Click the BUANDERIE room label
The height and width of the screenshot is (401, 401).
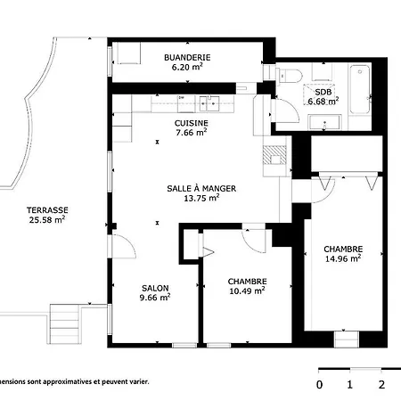(x=187, y=57)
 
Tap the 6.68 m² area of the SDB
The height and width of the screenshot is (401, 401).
(x=323, y=102)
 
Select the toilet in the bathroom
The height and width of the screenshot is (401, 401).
(x=290, y=76)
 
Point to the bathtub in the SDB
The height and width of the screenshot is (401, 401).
(x=360, y=89)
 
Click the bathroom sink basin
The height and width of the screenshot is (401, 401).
(x=324, y=122)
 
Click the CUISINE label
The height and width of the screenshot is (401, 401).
(x=191, y=123)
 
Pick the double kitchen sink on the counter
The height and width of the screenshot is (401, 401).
(x=209, y=103)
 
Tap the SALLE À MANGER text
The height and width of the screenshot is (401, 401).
(x=201, y=188)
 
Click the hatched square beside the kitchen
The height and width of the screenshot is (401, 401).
(x=274, y=155)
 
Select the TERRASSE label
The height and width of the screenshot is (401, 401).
(x=47, y=210)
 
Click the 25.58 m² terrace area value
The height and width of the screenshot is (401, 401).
(x=47, y=220)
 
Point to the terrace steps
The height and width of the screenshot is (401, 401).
(x=64, y=323)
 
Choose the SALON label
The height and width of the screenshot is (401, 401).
(x=155, y=288)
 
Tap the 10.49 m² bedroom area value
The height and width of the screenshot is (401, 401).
(x=247, y=291)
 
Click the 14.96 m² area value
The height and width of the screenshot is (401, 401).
(x=343, y=258)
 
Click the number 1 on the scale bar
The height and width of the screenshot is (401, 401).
(x=350, y=385)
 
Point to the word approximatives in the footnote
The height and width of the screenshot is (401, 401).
(x=68, y=381)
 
